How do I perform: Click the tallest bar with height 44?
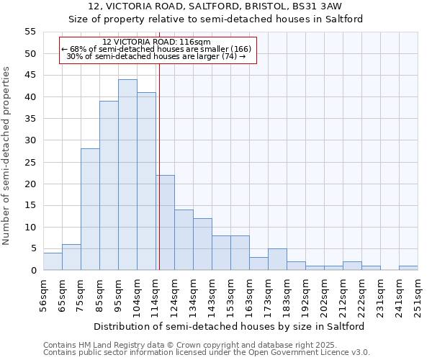tap(127, 175)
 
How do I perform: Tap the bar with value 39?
tap(109, 186)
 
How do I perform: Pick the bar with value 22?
tap(165, 222)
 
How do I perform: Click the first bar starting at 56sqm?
tap(53, 261)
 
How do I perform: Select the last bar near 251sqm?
tap(408, 268)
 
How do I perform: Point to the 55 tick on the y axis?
tap(30, 32)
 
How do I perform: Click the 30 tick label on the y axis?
tap(30, 140)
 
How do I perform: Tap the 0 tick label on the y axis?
tap(32, 271)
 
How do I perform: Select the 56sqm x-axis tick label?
tap(43, 293)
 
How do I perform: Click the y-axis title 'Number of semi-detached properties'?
tap(6, 156)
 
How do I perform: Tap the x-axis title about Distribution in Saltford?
tap(229, 326)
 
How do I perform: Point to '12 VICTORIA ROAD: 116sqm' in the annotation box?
tap(156, 42)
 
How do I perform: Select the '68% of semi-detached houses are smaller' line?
tap(156, 49)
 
